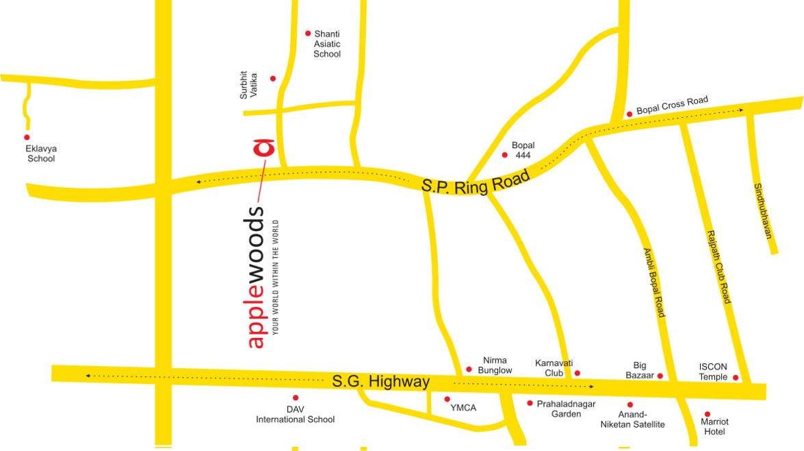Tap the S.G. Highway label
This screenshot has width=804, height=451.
point(381,381)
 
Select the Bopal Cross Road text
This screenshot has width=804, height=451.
point(672,105)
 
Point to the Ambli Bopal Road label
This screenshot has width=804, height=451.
point(653,282)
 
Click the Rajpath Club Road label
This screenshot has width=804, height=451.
point(718,267)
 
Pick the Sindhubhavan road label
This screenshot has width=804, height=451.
point(763,210)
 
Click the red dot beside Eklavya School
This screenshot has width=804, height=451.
point(27,137)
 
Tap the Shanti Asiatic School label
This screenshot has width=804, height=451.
point(327,44)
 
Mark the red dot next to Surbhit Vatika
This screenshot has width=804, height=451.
point(273,79)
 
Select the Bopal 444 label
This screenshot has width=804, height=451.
point(523,150)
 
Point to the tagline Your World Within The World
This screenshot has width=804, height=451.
point(276,277)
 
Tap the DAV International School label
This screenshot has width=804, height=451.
point(296,415)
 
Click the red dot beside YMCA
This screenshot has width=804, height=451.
point(448,399)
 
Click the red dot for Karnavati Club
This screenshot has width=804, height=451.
point(577,373)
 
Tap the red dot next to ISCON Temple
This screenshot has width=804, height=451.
point(736,378)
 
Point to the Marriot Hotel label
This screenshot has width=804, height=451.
point(714,426)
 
